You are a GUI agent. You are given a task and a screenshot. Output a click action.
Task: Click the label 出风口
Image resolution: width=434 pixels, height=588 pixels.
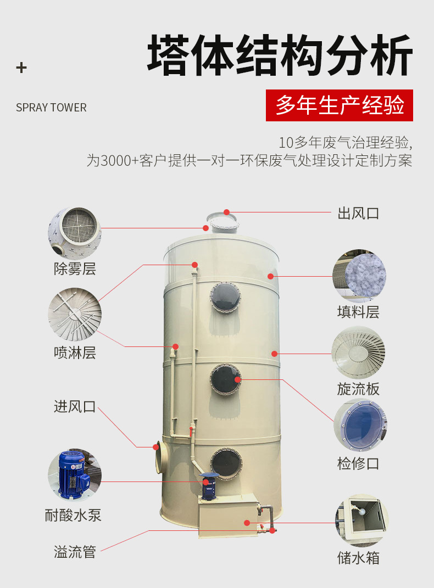358,214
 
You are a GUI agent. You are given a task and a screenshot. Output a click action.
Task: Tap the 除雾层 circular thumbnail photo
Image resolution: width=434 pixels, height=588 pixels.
75,233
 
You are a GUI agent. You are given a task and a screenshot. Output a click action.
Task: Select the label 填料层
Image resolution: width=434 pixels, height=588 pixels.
358,312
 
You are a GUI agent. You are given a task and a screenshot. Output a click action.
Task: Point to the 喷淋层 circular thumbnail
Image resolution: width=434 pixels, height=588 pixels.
75,315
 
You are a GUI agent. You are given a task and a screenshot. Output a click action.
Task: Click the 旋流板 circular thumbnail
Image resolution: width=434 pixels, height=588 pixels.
358,352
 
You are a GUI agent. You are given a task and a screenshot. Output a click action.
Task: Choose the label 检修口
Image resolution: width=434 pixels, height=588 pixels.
358,463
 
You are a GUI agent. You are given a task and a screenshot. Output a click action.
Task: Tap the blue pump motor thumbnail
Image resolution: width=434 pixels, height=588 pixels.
75,475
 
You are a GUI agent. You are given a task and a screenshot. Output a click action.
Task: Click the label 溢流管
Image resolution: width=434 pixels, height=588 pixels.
75,552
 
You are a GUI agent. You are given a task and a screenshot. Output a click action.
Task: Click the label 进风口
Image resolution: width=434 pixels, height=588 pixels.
75,407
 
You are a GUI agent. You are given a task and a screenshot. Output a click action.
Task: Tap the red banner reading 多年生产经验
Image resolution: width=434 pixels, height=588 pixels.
340,105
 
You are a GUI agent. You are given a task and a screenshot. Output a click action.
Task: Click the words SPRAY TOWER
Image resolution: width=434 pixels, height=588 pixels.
51,108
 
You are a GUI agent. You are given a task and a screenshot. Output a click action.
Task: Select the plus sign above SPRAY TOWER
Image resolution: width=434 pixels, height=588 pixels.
21,68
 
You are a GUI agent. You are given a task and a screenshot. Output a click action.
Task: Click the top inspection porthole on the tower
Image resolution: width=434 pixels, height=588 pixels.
225,298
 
